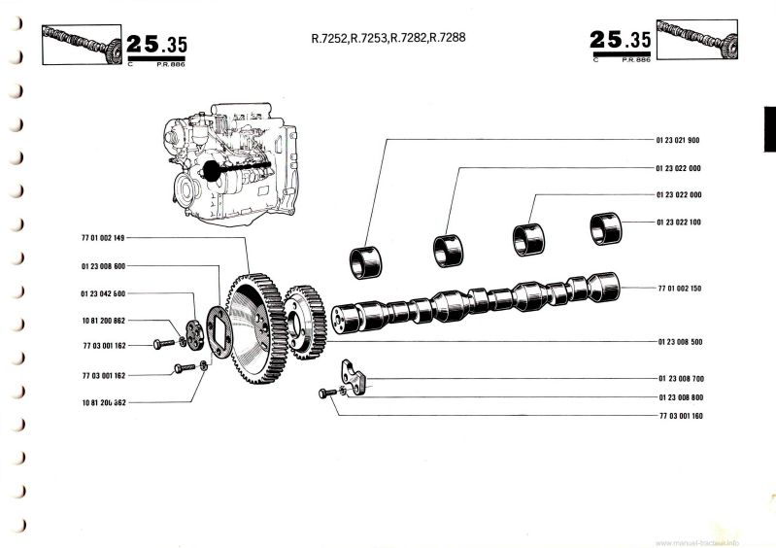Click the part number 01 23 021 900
coord(678,140)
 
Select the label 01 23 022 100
coord(678,223)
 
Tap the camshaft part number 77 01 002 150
coord(678,289)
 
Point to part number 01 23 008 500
coord(678,342)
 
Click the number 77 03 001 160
coord(678,415)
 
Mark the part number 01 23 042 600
coord(104,292)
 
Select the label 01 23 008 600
coord(104,265)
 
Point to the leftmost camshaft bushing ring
coord(365,260)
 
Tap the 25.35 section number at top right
coord(621,41)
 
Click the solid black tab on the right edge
coord(769,129)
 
